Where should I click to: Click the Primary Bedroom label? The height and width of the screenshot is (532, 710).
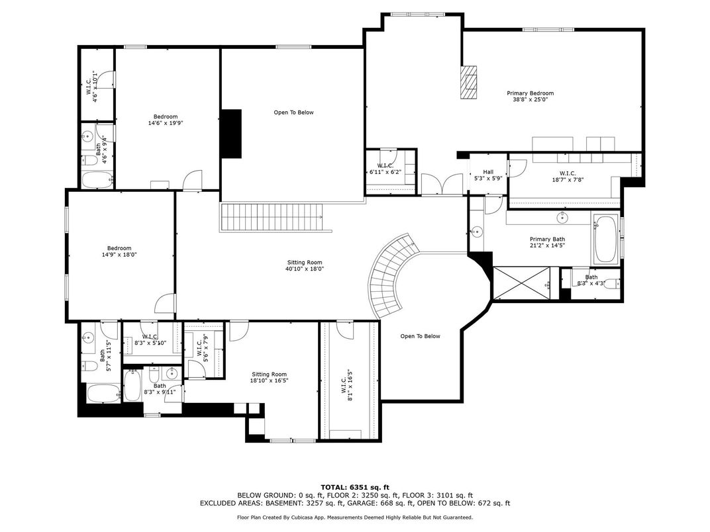pyautogui.click(x=530, y=97)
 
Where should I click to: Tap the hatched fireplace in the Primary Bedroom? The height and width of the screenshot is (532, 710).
pyautogui.click(x=469, y=82)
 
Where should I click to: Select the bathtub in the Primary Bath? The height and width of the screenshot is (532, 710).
pyautogui.click(x=605, y=240)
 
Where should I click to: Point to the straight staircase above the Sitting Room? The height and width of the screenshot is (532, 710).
pyautogui.click(x=272, y=217)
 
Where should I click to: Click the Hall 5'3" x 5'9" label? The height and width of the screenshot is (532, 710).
pyautogui.click(x=488, y=175)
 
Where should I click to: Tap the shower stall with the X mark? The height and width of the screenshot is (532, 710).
pyautogui.click(x=522, y=283)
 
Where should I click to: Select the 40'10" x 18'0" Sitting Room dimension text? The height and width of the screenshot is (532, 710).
pyautogui.click(x=304, y=269)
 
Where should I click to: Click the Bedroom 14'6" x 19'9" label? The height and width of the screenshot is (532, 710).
pyautogui.click(x=166, y=120)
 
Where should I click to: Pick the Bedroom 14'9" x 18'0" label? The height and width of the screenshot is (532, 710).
pyautogui.click(x=119, y=251)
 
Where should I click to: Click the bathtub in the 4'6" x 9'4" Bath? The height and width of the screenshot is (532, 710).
pyautogui.click(x=97, y=179)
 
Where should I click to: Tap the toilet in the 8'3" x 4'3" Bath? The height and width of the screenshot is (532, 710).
pyautogui.click(x=611, y=284)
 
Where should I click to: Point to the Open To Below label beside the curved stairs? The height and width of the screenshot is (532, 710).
pyautogui.click(x=420, y=336)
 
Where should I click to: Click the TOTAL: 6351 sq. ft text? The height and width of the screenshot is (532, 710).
pyautogui.click(x=355, y=487)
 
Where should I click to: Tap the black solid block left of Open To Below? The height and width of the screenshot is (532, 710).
pyautogui.click(x=231, y=134)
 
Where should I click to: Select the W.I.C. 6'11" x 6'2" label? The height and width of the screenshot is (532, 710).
pyautogui.click(x=385, y=169)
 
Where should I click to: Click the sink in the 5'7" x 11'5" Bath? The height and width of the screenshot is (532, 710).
pyautogui.click(x=87, y=337)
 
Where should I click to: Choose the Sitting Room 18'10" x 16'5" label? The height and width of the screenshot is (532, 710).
pyautogui.click(x=270, y=377)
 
